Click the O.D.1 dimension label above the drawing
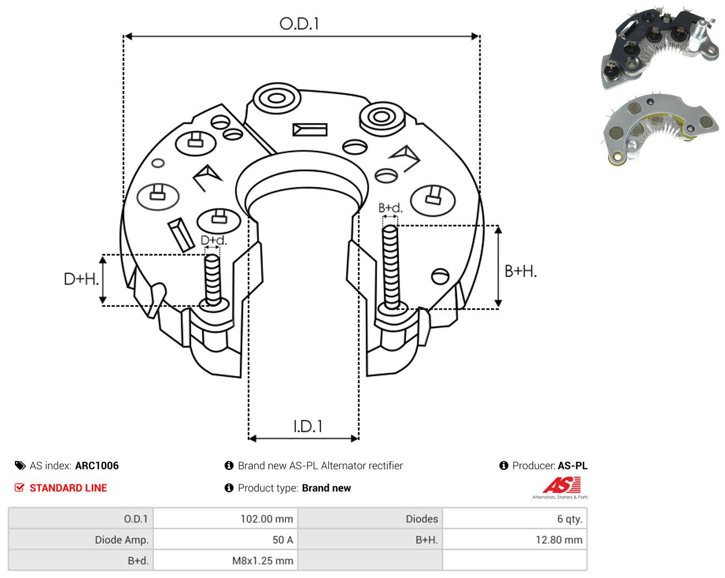(x=299, y=24)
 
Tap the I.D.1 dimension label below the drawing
(x=308, y=426)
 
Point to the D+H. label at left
(x=81, y=279)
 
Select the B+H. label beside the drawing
(x=521, y=271)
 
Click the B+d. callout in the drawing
(x=391, y=208)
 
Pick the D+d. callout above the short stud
(x=214, y=240)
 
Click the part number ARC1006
(x=97, y=465)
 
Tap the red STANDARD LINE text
(x=68, y=488)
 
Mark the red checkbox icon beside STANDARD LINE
(x=19, y=488)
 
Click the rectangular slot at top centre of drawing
(x=310, y=130)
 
